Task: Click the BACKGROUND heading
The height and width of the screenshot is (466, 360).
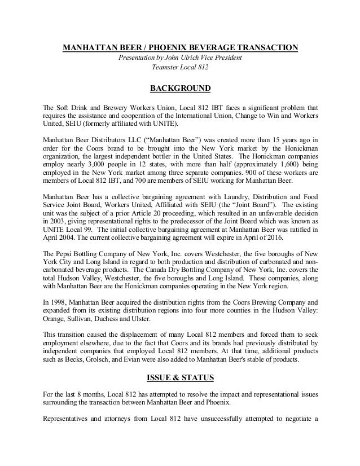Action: point(180,88)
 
